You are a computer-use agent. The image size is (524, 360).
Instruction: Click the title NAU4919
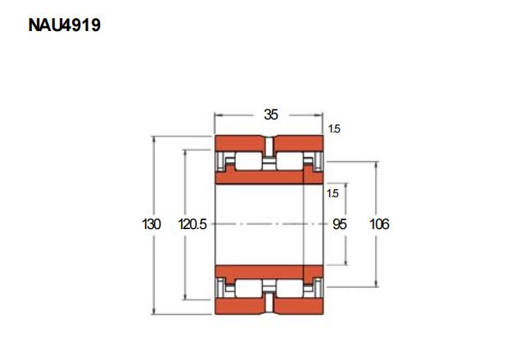tap(64, 25)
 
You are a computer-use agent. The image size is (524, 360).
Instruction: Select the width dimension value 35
tap(271, 115)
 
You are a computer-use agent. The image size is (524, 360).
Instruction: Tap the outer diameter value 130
tap(151, 223)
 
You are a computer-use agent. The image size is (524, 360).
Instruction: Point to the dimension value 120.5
tap(192, 223)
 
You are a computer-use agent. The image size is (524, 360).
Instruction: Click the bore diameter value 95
tap(340, 224)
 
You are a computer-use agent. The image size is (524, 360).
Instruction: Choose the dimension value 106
tap(379, 223)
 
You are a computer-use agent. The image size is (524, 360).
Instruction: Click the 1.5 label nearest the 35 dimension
tap(334, 128)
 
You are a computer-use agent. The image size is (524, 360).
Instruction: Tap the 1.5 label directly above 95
tap(332, 193)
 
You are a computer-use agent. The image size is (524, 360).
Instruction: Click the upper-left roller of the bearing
tap(249, 161)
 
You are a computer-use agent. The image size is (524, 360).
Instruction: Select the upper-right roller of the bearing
tap(290, 161)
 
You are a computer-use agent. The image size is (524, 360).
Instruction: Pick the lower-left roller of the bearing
tap(249, 288)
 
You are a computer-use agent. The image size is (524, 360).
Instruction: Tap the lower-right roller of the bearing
tap(290, 288)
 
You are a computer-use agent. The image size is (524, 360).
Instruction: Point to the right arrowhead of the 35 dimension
tap(319, 115)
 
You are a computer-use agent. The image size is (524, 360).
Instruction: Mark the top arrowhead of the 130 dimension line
tap(154, 140)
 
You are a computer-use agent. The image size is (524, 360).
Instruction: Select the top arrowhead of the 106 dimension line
tap(377, 165)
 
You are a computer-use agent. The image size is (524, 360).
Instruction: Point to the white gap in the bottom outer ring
tap(269, 304)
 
